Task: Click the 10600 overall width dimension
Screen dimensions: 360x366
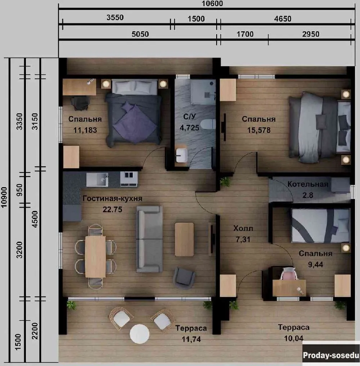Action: coord(212,4)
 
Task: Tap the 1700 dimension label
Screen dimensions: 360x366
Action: coord(245,34)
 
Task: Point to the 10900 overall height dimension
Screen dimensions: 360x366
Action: coord(4,197)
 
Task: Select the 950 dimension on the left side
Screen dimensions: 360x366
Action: coord(19,190)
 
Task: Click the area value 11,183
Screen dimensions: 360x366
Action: coord(85,130)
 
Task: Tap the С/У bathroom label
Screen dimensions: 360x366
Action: coord(190,116)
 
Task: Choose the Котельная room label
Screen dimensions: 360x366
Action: coord(308,184)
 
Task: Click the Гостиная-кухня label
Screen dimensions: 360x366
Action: coord(112,198)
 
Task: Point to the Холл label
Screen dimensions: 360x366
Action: coord(243,228)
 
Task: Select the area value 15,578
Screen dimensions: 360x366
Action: coord(259,130)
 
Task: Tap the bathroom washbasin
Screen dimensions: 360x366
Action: coord(181,155)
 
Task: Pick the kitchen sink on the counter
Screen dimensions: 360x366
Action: coord(97,180)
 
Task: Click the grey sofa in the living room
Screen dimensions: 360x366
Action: coord(149,239)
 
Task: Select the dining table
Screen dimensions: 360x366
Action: coord(95,257)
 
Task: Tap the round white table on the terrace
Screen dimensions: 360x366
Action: coord(140,334)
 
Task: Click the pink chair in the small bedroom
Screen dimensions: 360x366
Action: coord(289,274)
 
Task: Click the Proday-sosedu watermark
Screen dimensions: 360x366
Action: coord(331,355)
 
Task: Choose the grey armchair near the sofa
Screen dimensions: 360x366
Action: coord(184,278)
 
